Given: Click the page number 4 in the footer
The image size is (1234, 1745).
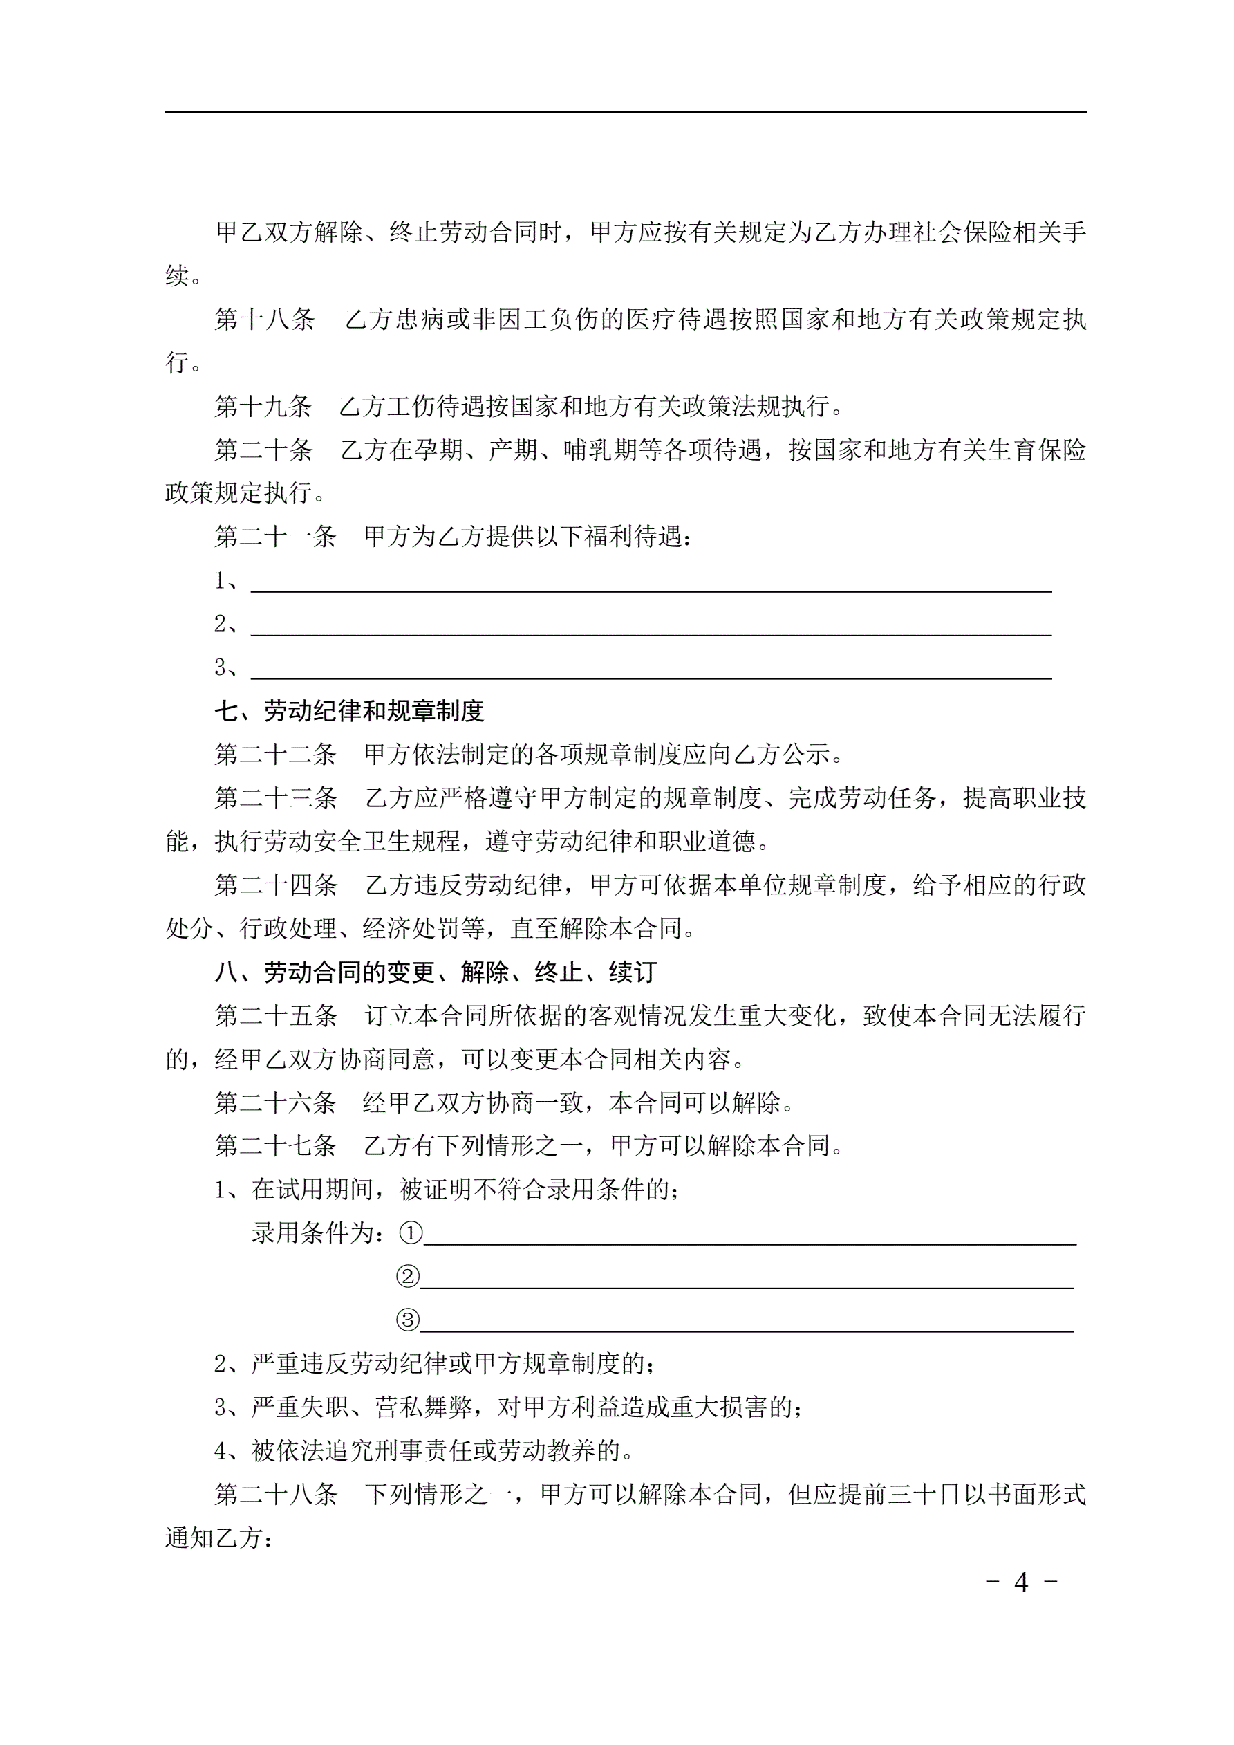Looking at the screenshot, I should [1021, 1582].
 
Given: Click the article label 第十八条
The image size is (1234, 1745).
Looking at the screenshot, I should [264, 320].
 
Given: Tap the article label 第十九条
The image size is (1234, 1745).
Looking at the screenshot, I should [263, 407].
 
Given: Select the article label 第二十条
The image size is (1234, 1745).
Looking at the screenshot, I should [263, 451].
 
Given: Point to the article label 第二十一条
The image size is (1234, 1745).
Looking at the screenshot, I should [275, 537].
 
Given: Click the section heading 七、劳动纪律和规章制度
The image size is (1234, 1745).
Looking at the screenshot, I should [349, 712].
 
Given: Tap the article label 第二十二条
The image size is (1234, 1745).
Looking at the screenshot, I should [275, 755].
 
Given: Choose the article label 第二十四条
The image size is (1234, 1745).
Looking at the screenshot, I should [276, 885].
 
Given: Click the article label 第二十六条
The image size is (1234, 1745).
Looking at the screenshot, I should [275, 1102].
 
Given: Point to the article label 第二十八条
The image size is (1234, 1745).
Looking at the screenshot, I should [276, 1495].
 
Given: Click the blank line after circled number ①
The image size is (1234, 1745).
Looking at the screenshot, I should [749, 1232].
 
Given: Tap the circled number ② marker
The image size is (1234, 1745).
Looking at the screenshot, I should [408, 1277].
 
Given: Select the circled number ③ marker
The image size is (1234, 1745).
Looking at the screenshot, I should [408, 1320].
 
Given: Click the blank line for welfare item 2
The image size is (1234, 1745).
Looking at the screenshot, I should [651, 625].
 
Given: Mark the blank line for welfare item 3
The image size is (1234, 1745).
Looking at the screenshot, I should [651, 668].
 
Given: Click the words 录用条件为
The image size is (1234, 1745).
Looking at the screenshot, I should [317, 1233].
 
